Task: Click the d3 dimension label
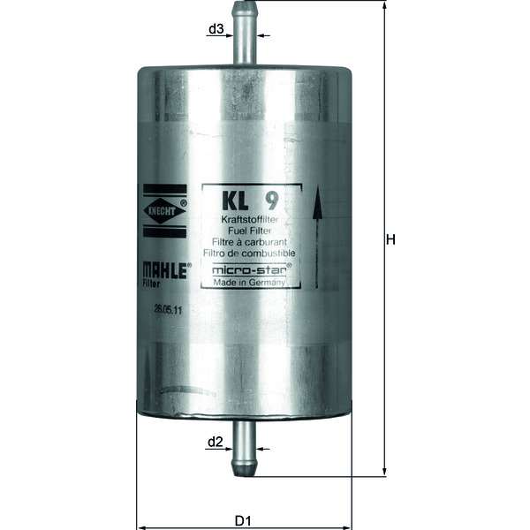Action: [x=215, y=29]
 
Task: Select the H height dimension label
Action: [x=391, y=239]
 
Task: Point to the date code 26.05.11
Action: [x=168, y=310]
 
